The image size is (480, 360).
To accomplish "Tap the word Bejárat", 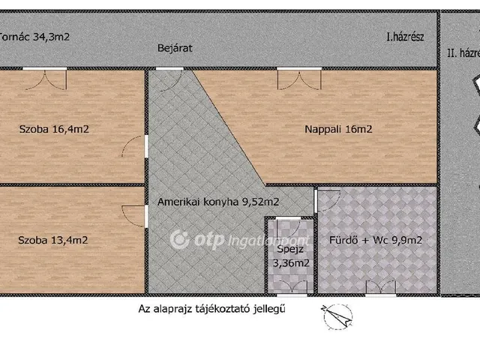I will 175,48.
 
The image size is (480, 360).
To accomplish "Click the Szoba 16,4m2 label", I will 54,129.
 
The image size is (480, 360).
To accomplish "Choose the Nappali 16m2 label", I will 338,129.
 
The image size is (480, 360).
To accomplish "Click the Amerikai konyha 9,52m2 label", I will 208,201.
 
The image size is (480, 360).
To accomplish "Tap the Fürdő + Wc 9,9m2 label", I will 376,241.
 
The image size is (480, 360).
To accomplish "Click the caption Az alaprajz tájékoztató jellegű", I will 212,307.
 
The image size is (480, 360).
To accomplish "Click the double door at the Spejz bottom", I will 289,286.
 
